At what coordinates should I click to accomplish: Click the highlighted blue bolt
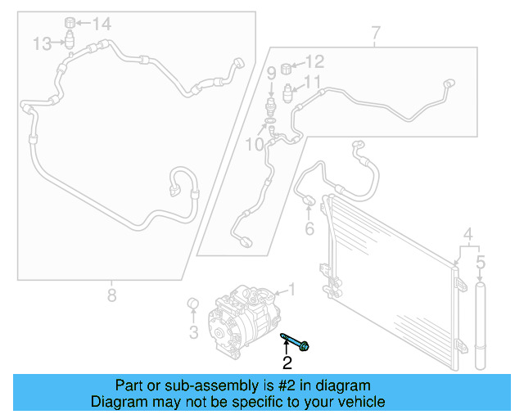click(295, 342)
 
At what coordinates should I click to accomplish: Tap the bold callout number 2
click(287, 363)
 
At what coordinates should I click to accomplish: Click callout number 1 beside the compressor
click(291, 289)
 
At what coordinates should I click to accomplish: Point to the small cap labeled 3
click(193, 304)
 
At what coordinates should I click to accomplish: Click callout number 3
click(194, 332)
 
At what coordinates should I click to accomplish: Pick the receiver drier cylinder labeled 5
click(481, 326)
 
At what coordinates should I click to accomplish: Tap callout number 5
click(481, 263)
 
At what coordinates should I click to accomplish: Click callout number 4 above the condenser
click(468, 235)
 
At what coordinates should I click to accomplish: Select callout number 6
click(309, 228)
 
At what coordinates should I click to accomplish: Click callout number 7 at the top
click(376, 33)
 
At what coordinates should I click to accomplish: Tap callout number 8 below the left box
click(111, 295)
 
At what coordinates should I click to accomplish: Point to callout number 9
click(271, 73)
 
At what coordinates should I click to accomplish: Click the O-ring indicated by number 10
click(270, 120)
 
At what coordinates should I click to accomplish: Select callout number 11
click(311, 82)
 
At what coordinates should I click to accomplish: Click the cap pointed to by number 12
click(286, 69)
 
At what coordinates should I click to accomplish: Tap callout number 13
click(42, 43)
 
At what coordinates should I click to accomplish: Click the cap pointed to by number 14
click(70, 22)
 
